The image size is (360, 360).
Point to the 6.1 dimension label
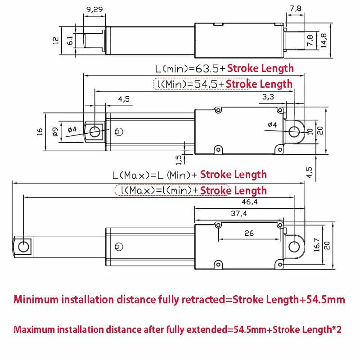click(x=70, y=40)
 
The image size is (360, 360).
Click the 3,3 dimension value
click(x=268, y=97)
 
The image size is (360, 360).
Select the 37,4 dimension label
click(x=239, y=214)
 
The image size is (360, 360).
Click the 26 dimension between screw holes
click(x=249, y=233)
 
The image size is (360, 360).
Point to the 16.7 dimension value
click(x=316, y=246)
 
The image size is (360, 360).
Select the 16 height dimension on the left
click(x=40, y=131)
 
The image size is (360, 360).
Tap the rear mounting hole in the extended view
click(x=294, y=246)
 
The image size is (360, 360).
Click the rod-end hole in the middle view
click(x=94, y=131)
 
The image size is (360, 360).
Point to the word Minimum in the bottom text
click(x=36, y=300)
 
